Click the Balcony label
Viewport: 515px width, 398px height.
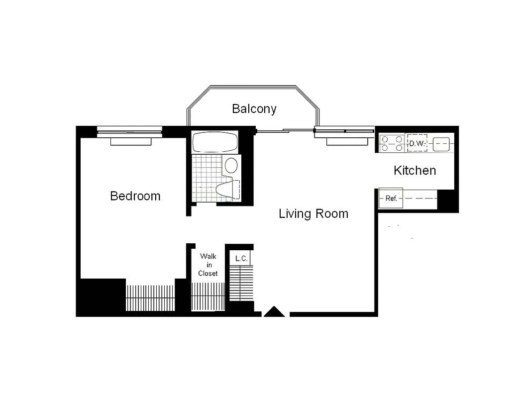254,108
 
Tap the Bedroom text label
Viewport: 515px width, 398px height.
135,196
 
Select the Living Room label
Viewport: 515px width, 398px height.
313,214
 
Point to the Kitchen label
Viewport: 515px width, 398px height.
414,171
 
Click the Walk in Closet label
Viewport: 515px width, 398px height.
208,265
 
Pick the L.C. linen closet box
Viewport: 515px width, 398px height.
241,259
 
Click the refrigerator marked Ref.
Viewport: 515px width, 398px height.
391,199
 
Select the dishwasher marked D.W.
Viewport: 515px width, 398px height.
416,144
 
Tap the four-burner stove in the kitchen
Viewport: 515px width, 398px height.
392,144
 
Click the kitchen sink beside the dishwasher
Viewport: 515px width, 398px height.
442,144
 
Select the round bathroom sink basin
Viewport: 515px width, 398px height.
231,165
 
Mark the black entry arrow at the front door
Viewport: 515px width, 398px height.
274,312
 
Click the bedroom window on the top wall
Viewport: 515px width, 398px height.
129,131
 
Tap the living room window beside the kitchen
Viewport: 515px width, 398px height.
344,132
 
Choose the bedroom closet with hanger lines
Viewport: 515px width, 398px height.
149,298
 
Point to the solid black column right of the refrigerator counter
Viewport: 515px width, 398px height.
447,201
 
